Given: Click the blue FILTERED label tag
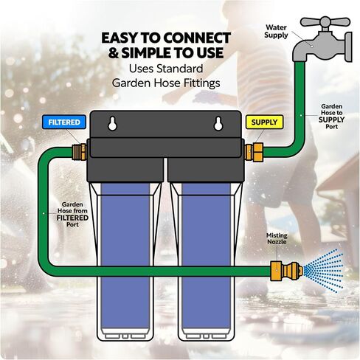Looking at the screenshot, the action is [64, 122].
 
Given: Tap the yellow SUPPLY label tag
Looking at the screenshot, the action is [264, 122].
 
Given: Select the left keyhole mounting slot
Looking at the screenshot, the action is [112, 123].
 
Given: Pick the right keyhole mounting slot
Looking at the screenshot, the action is [218, 123].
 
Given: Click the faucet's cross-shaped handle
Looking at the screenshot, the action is [325, 22].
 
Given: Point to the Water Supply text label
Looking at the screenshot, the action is [276, 31].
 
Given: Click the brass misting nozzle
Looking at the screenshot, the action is [287, 271].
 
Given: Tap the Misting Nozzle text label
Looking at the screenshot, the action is [277, 238].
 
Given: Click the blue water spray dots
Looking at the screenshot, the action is [323, 271].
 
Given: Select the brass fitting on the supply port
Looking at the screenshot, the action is [254, 152].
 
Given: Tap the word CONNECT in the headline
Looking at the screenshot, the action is [197, 38].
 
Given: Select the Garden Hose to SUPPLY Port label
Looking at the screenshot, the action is [331, 117].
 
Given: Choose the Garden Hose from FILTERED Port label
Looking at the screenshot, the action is [72, 215].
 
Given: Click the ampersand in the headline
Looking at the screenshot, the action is [114, 53].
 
